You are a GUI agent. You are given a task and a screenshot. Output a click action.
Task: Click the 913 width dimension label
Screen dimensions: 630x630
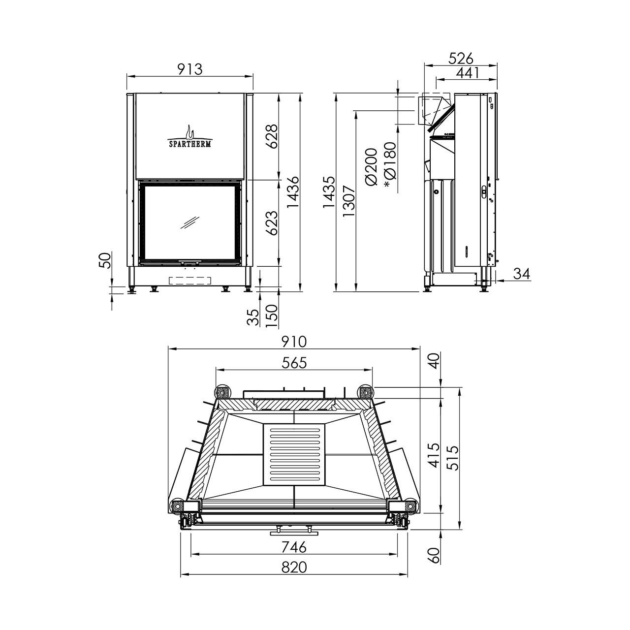(x=190, y=69)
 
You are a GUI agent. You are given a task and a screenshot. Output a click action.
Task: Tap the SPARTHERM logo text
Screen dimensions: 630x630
(x=189, y=144)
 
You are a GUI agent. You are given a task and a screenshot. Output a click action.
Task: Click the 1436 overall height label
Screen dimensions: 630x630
(x=293, y=192)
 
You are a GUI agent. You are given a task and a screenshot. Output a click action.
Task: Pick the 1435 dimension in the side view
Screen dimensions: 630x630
(x=329, y=192)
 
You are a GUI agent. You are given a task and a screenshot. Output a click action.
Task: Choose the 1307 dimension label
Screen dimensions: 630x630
(x=349, y=201)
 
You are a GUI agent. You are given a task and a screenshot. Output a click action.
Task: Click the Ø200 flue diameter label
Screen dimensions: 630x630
(x=371, y=167)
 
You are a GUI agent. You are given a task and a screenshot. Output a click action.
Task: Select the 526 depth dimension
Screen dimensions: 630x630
(x=461, y=59)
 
